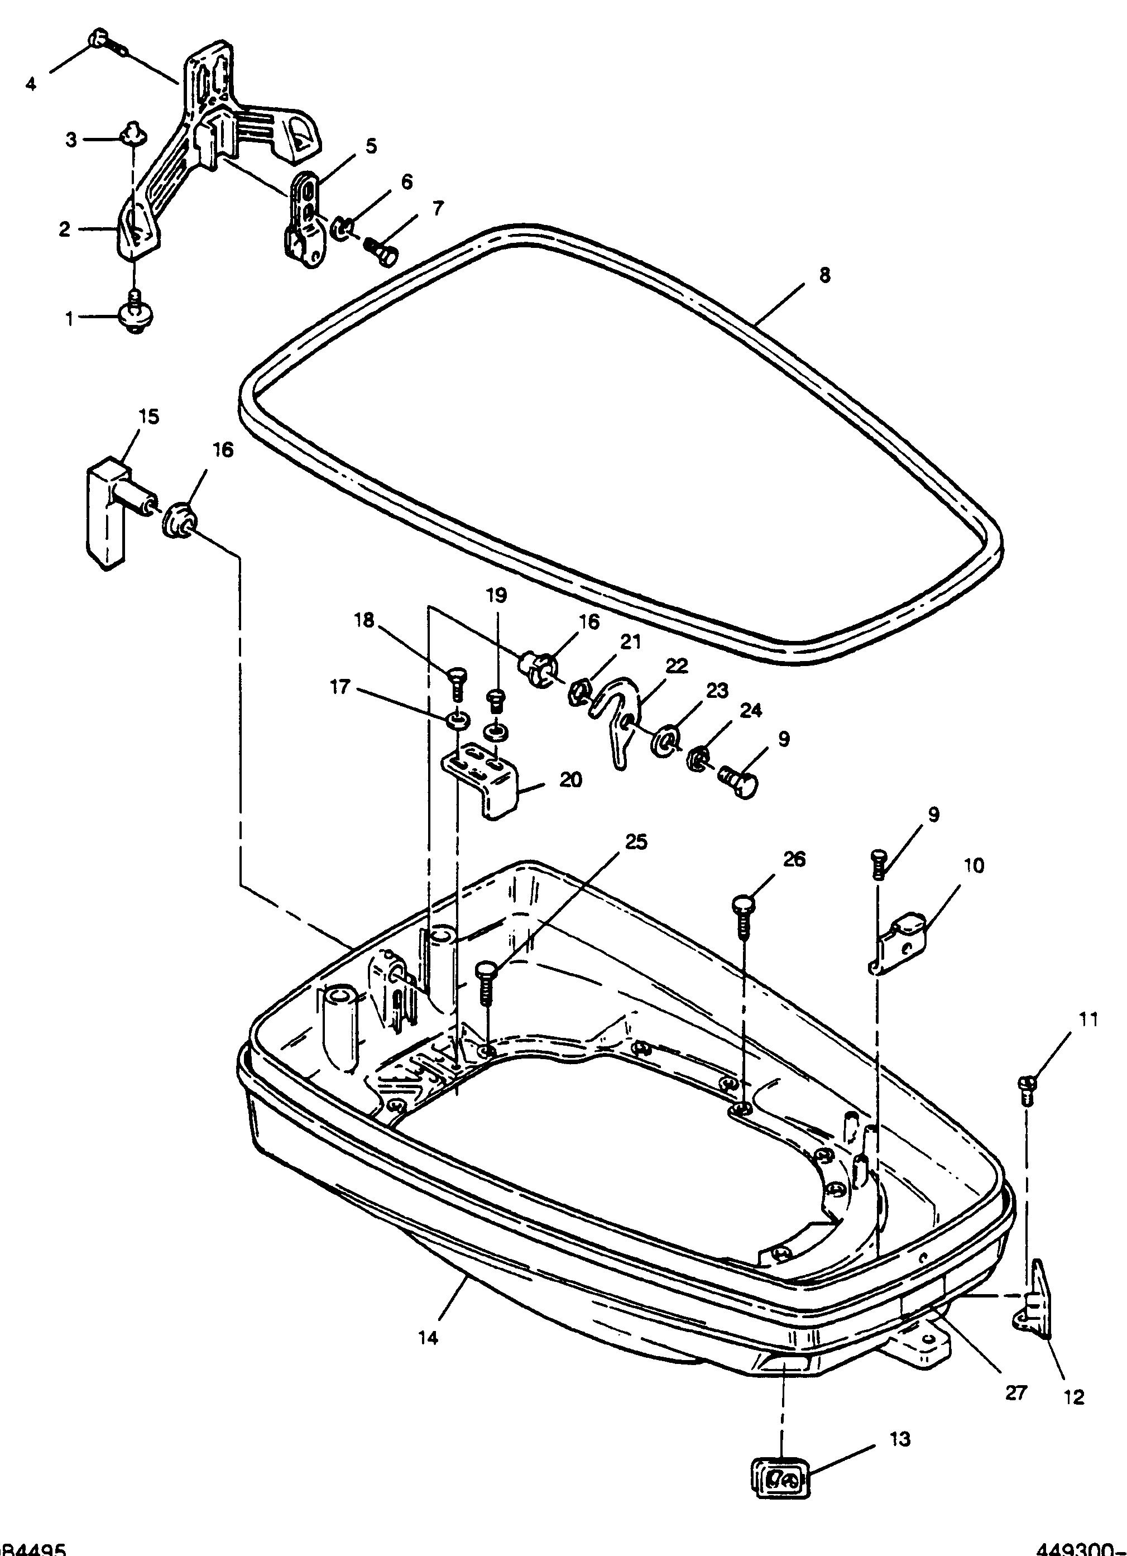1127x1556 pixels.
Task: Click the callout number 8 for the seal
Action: point(824,275)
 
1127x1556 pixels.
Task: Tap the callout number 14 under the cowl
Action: point(428,1337)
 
